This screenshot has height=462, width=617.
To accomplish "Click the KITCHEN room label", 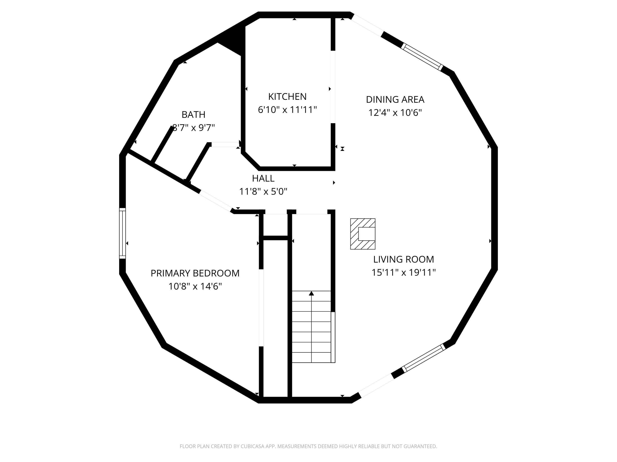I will (x=287, y=97).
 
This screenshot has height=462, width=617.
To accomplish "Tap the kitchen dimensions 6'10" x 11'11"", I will (x=287, y=110).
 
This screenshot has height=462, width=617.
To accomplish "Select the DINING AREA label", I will (x=395, y=99).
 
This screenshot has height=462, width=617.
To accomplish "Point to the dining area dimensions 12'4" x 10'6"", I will (x=395, y=113).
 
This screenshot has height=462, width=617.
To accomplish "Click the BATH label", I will (x=193, y=114).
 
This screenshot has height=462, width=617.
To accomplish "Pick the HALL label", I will (x=263, y=178).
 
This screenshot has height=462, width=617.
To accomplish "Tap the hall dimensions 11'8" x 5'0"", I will (x=263, y=192).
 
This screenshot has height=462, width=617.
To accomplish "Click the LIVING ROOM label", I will (x=403, y=259).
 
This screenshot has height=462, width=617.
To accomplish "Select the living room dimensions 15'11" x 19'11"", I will (x=403, y=272).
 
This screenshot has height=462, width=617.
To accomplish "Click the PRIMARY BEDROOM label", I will (x=195, y=273).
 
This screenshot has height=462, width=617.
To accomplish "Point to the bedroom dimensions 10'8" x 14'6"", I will (x=195, y=286).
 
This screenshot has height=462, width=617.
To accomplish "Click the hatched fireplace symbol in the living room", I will (x=363, y=234).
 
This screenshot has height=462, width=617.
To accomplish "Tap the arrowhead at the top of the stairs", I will (x=311, y=293).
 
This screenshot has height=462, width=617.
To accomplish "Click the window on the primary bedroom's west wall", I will (x=122, y=233).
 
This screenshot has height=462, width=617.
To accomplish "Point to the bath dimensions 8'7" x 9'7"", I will (x=193, y=128).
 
